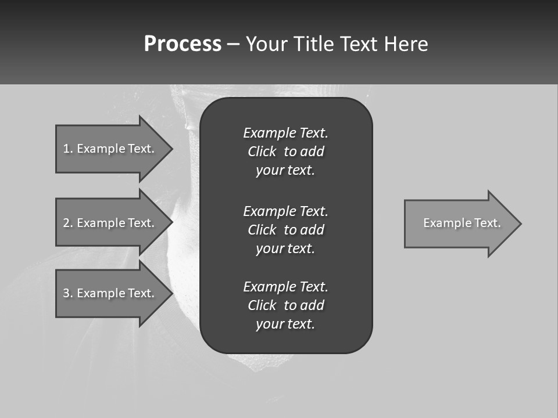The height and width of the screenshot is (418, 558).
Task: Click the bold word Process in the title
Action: click(183, 44)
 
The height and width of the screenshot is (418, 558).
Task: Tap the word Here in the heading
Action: click(406, 44)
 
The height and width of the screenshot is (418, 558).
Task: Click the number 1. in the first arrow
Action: click(67, 149)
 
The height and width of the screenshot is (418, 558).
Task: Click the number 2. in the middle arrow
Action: click(67, 223)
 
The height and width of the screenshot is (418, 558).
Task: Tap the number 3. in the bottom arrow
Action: click(67, 293)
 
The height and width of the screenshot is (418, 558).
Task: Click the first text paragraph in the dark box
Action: click(285, 152)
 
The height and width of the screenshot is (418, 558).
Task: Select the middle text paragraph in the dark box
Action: click(285, 229)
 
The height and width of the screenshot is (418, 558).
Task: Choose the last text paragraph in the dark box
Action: click(285, 305)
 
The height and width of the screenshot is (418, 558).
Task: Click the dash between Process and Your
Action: click(233, 44)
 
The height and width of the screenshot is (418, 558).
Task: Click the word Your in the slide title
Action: click(267, 44)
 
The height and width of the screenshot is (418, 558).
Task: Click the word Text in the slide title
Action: click(359, 44)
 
